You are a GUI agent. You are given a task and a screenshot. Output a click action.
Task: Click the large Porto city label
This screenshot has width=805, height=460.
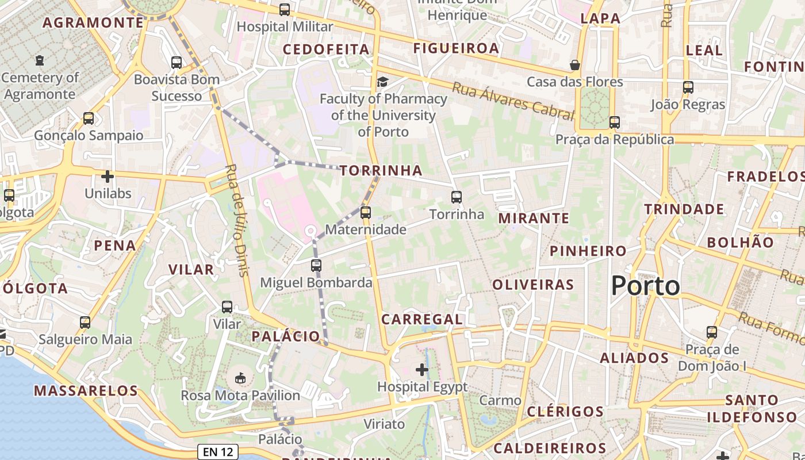[645, 286]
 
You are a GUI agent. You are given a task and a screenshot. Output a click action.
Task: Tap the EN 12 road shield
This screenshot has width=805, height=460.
[218, 452]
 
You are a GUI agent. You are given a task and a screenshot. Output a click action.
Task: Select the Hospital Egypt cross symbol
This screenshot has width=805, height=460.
[422, 370]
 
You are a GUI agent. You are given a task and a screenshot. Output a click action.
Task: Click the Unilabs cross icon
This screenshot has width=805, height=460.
[108, 177]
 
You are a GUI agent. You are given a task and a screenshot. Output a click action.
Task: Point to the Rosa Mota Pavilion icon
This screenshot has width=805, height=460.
[240, 378]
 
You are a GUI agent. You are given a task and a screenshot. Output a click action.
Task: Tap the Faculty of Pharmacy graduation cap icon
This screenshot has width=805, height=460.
[382, 82]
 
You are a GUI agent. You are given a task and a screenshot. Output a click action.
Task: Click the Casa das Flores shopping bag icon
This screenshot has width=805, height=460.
[574, 65]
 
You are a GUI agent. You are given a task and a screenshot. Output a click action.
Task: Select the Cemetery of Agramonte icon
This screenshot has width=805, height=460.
[40, 60]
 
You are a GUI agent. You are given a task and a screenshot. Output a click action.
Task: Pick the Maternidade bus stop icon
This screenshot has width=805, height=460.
[366, 213]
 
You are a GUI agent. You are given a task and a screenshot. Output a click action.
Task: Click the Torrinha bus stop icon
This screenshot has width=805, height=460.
[457, 197]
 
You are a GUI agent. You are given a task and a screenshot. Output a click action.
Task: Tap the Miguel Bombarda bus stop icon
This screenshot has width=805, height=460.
[316, 266]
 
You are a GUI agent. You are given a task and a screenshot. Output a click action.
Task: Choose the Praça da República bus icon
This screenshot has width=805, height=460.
[615, 122]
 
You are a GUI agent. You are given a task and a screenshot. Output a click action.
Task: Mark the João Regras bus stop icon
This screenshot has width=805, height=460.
[688, 88]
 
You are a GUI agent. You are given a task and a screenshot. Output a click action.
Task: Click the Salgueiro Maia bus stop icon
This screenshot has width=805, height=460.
[85, 323]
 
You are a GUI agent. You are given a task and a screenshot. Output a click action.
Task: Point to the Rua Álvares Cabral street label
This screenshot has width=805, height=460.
[513, 101]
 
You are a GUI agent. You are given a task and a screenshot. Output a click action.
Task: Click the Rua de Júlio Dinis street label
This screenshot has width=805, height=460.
[236, 220]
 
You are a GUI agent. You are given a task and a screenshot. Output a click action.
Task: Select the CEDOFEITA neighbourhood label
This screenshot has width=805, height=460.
[326, 49]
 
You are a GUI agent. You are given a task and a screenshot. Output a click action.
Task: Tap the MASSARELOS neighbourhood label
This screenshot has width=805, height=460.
[86, 391]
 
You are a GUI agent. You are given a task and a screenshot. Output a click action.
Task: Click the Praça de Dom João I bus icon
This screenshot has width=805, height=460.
[712, 332]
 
